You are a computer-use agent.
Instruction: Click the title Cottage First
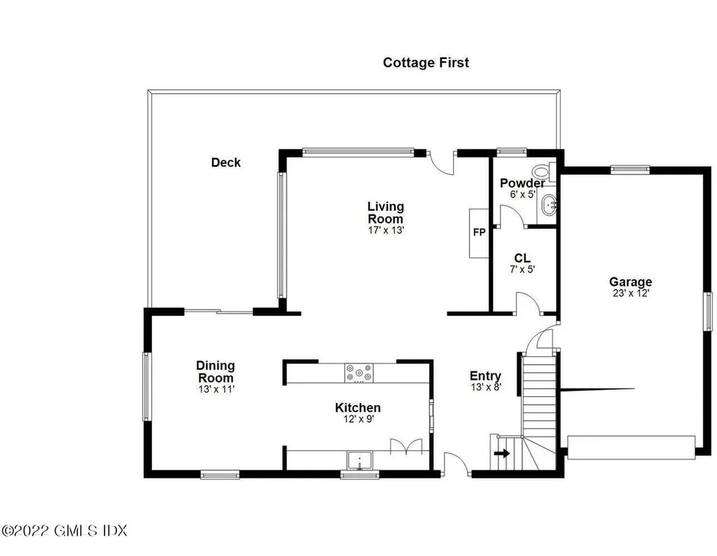click(x=426, y=62)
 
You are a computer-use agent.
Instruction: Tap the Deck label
click(x=225, y=162)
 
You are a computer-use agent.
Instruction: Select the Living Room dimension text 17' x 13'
click(x=386, y=230)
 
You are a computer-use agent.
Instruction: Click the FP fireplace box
click(x=479, y=233)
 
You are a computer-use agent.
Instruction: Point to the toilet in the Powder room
click(x=543, y=172)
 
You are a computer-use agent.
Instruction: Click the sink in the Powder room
click(x=548, y=205)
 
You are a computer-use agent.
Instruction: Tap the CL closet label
click(x=522, y=258)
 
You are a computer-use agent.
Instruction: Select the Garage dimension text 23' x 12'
click(x=631, y=293)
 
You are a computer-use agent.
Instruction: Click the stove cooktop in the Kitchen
click(x=359, y=373)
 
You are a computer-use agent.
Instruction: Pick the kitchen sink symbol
click(x=360, y=460)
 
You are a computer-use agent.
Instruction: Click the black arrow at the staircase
click(x=501, y=454)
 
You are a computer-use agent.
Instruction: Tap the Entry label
click(x=485, y=376)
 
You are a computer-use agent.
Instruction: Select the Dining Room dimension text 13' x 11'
click(x=216, y=389)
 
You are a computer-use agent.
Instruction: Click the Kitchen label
click(x=358, y=408)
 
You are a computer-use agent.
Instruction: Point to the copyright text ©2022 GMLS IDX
click(x=64, y=530)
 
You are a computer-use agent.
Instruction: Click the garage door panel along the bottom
click(x=631, y=447)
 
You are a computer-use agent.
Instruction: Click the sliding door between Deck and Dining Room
click(x=218, y=312)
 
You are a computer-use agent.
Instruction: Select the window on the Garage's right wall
click(x=707, y=311)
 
